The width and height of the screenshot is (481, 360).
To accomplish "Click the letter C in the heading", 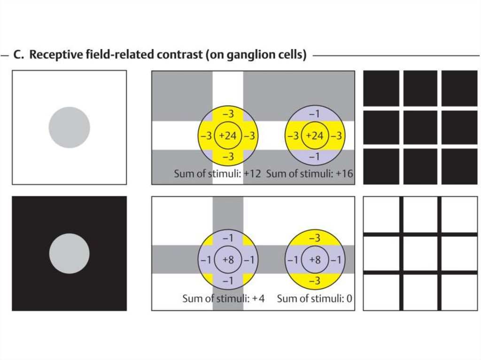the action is pyautogui.click(x=18, y=55).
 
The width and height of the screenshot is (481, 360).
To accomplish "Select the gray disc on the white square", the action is pyautogui.click(x=70, y=127).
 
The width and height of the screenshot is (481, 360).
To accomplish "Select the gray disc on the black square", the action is pyautogui.click(x=70, y=253).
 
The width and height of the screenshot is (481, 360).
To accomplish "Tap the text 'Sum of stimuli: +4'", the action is pyautogui.click(x=224, y=298).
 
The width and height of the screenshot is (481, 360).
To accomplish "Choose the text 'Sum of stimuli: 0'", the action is pyautogui.click(x=314, y=298).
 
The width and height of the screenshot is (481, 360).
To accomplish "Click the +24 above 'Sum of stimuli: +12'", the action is pyautogui.click(x=227, y=136).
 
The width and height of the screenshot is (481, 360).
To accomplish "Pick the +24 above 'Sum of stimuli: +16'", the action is pyautogui.click(x=314, y=136).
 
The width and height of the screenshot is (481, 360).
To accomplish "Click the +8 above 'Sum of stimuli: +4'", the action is pyautogui.click(x=227, y=259).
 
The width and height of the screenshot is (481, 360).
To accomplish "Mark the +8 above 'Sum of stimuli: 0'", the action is pyautogui.click(x=314, y=259).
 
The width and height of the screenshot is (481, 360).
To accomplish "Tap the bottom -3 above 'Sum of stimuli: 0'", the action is pyautogui.click(x=314, y=281).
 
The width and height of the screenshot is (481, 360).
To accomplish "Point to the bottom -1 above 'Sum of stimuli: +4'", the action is pyautogui.click(x=227, y=281).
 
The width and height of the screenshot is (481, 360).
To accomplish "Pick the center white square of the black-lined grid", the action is pyautogui.click(x=420, y=253).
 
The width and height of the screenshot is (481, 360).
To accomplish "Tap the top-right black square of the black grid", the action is pyautogui.click(x=459, y=88).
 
